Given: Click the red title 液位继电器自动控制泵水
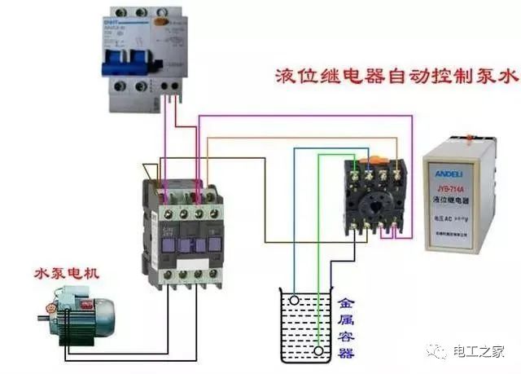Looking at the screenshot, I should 396,78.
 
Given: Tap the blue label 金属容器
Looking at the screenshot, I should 345,326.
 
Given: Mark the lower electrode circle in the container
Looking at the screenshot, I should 317,351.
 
